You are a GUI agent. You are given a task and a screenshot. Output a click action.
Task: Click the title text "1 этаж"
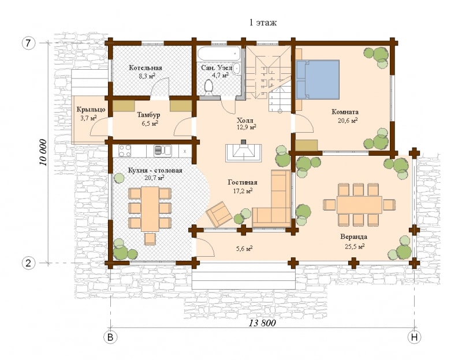click(x=263, y=22)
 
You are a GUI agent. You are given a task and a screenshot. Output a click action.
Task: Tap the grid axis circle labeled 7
click(x=28, y=43)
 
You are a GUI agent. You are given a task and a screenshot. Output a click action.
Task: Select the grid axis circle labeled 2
click(x=28, y=263)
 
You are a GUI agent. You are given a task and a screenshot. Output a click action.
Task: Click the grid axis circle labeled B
click(x=110, y=337)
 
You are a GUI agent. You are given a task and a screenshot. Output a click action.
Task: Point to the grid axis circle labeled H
click(x=414, y=337)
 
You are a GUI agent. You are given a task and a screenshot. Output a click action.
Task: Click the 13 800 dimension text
click(x=262, y=323)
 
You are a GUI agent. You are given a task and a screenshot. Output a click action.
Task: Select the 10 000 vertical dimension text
click(x=44, y=152)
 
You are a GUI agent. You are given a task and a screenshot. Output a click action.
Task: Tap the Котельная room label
click(x=146, y=68)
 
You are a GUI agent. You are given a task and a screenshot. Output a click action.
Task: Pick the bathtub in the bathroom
click(x=219, y=54)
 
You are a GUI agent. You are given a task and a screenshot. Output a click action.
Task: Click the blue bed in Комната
click(x=318, y=79)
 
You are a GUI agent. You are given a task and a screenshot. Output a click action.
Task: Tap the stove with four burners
click(x=125, y=151)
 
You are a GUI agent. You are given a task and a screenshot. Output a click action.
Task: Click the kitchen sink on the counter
click(x=163, y=151)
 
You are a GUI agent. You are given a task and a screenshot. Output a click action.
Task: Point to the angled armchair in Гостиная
click(x=219, y=214)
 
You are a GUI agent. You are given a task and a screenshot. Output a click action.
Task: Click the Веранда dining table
click(x=359, y=205)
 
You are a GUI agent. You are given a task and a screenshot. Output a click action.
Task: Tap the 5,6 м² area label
click(x=244, y=249)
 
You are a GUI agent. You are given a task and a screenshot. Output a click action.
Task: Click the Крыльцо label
click(x=91, y=110)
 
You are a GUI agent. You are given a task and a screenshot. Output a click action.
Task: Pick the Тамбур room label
click(x=148, y=114)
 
